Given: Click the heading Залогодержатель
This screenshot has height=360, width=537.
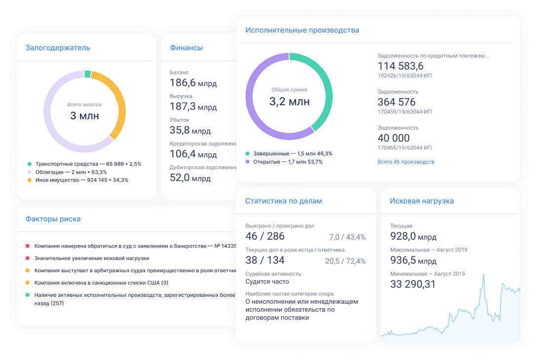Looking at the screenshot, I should (x=58, y=48).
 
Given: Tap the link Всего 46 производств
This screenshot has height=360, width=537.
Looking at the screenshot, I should (x=406, y=162).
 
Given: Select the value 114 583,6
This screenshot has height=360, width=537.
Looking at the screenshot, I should (x=400, y=66).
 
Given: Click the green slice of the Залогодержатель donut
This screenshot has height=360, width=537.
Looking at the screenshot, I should (x=87, y=74).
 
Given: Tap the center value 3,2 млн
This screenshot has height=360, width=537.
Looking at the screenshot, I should (x=289, y=102).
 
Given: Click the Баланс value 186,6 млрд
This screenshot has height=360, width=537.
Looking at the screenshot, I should (x=193, y=83).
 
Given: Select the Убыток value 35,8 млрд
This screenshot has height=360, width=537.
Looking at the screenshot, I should (x=190, y=130).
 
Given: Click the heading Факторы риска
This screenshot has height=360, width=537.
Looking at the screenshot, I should (x=53, y=219).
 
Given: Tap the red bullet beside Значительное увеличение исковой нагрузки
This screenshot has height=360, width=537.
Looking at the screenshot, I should (x=28, y=258).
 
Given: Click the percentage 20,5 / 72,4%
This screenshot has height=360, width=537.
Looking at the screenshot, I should (x=345, y=261).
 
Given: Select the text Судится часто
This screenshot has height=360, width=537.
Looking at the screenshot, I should (x=267, y=282).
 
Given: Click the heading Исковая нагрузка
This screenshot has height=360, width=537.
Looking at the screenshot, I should (x=422, y=201).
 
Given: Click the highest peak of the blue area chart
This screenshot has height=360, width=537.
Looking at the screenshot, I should (x=482, y=274).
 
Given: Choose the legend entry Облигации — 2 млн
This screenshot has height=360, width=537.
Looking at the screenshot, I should (x=71, y=172).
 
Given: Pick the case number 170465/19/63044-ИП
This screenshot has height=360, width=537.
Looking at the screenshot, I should (x=404, y=147).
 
